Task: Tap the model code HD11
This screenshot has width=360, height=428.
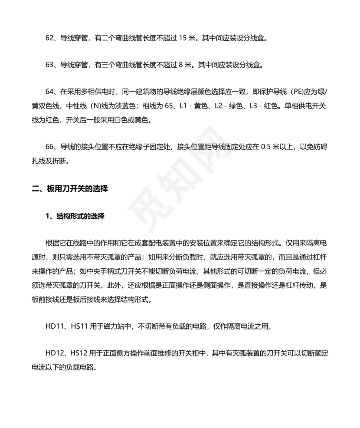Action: click(53, 326)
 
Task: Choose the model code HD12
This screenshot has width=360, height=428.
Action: click(54, 354)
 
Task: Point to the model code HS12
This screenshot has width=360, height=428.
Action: click(79, 354)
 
